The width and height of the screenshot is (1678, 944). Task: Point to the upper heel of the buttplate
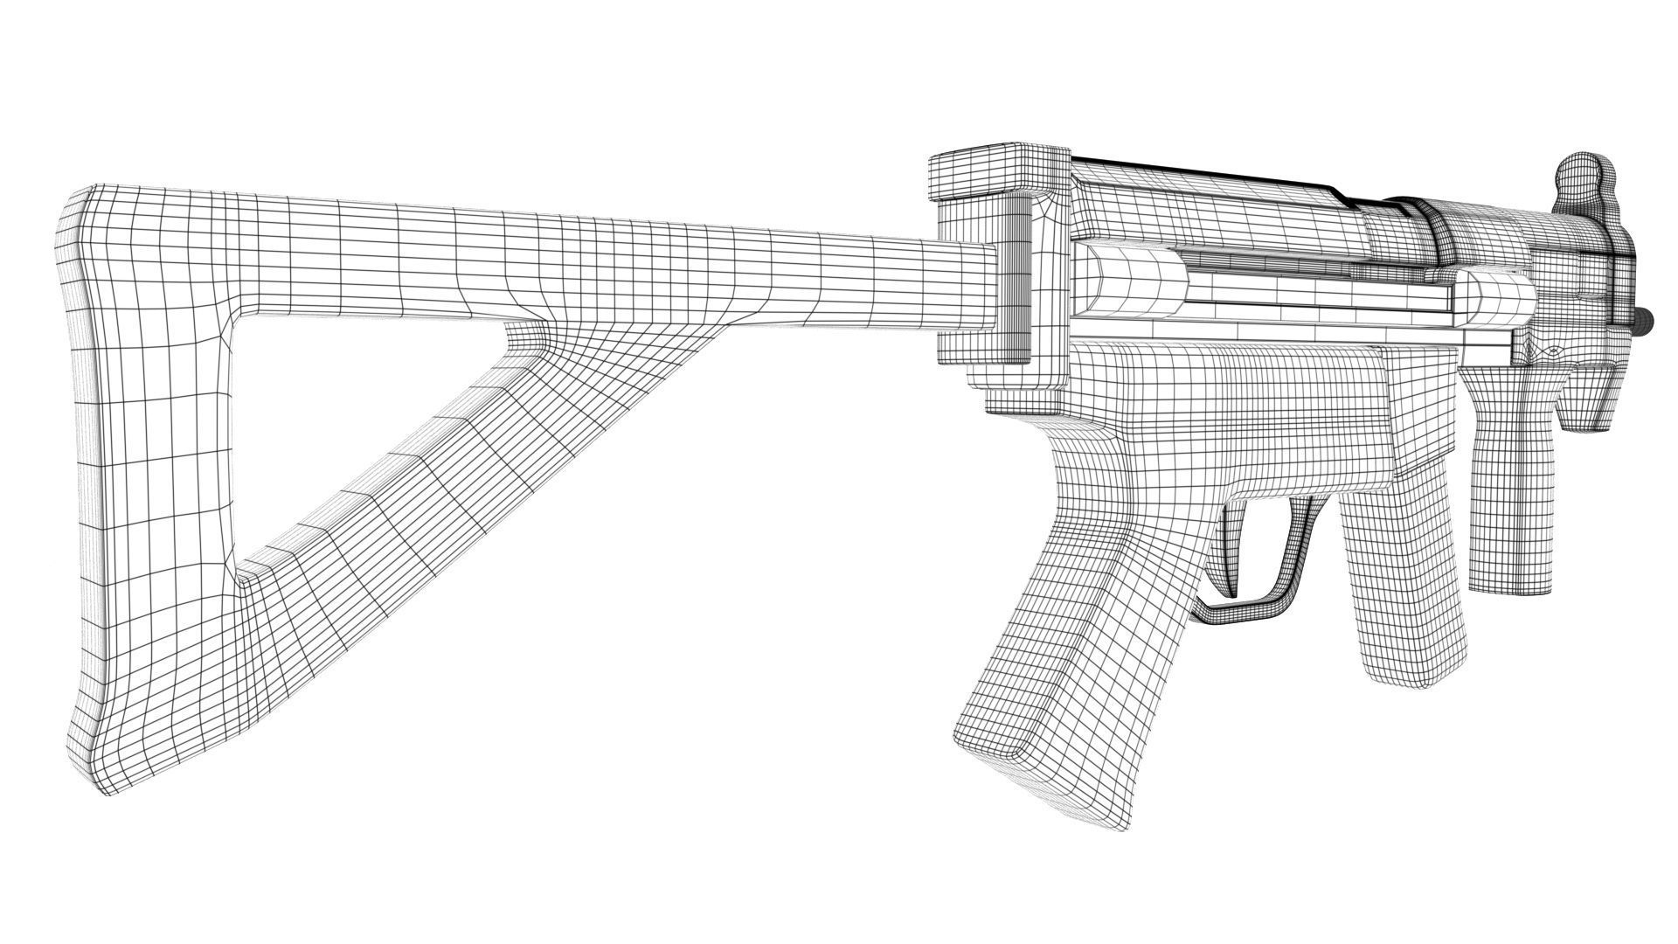pyautogui.click(x=79, y=210)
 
